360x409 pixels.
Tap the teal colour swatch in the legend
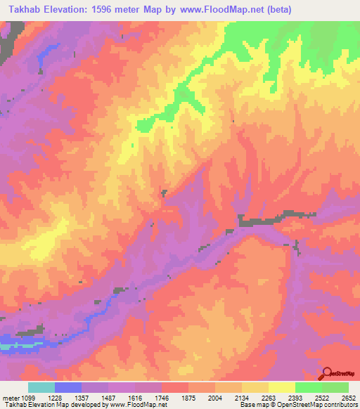(x=41, y=387)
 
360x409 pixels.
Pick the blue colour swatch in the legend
(x=68, y=387)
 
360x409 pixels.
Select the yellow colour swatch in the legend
(x=282, y=387)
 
